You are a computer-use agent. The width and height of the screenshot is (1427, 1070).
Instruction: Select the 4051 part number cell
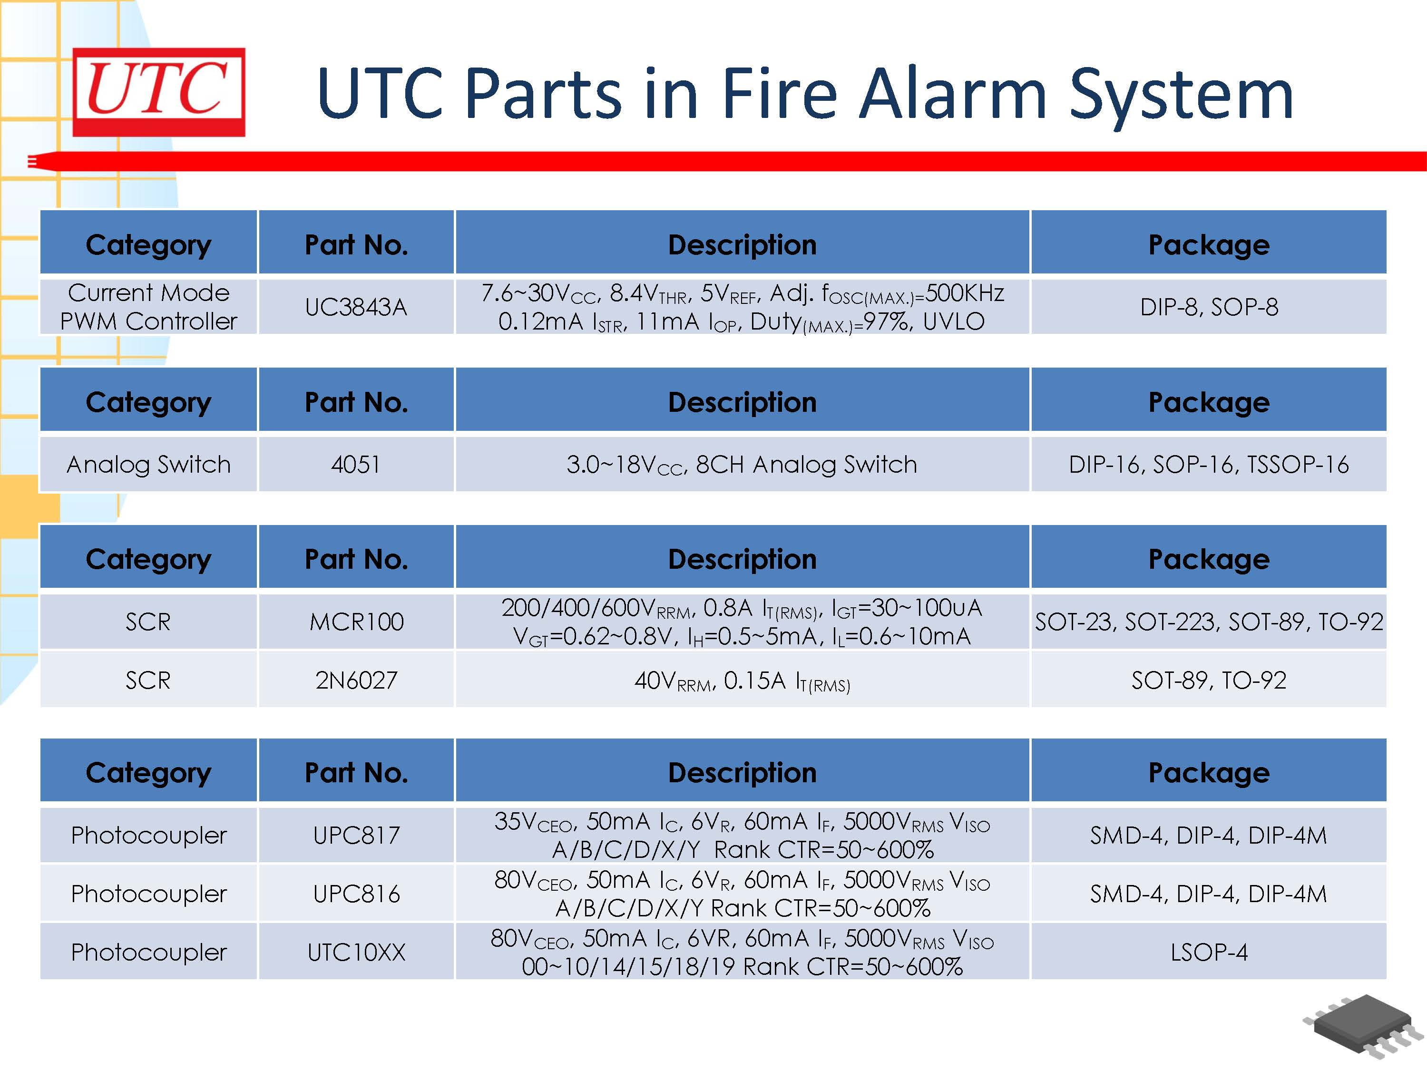tap(356, 464)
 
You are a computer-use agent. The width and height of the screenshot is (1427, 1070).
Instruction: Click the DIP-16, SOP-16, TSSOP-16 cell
tap(1208, 464)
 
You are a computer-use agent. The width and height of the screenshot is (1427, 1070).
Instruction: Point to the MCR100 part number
tap(356, 622)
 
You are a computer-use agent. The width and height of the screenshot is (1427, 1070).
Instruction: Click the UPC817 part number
tap(356, 835)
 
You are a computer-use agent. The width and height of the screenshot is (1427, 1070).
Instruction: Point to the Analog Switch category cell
tap(148, 464)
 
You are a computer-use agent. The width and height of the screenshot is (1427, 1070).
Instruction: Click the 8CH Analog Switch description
tap(742, 464)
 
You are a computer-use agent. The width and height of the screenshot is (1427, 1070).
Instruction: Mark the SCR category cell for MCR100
tap(148, 622)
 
